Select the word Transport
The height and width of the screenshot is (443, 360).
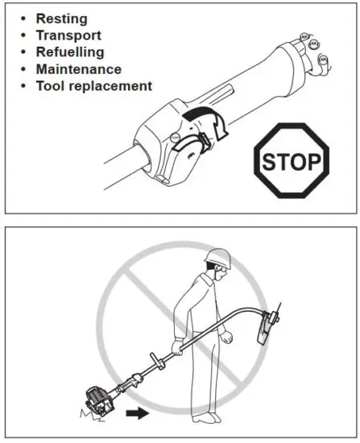point(68,35)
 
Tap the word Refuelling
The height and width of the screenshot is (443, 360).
point(70,52)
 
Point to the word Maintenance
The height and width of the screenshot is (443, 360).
point(79,69)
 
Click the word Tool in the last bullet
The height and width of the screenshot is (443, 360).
point(50,86)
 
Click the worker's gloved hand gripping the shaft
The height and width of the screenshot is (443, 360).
point(177,347)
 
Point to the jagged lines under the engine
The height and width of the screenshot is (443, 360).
point(86,417)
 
